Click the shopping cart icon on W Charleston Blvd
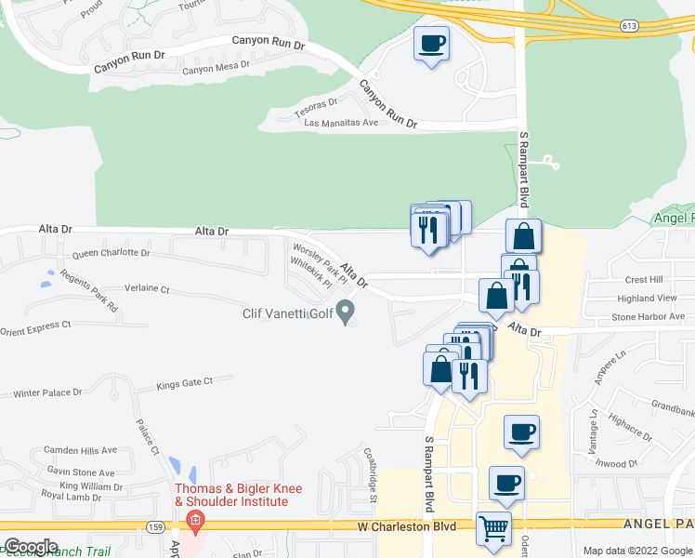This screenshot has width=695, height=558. (493, 528)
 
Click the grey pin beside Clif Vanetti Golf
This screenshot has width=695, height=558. (347, 312)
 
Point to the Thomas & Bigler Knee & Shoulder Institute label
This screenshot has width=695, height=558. (232, 495)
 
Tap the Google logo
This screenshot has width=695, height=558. (31, 547)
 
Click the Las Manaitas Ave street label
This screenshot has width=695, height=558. (342, 123)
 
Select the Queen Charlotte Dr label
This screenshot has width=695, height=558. (111, 252)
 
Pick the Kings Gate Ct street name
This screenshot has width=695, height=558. (185, 382)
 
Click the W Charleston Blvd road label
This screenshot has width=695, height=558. (409, 526)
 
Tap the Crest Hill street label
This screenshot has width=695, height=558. (644, 280)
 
